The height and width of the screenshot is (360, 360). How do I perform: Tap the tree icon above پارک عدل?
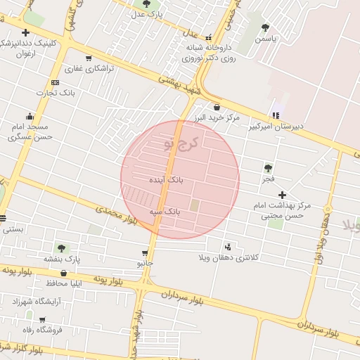(146, 2)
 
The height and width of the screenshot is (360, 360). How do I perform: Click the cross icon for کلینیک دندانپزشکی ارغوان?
(25, 32)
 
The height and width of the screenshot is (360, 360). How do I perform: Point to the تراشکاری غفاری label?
(84, 69)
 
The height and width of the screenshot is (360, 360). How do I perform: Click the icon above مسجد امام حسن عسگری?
(30, 117)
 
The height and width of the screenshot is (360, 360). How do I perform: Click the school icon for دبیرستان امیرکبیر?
(276, 115)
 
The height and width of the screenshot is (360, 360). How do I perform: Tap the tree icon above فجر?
(267, 168)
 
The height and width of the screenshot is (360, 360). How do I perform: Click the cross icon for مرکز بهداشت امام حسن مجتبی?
(282, 195)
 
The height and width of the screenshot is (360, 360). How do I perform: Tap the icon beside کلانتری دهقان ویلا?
(227, 247)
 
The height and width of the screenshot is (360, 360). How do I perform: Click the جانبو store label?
(145, 263)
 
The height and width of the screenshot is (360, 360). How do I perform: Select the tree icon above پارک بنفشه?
(61, 247)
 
